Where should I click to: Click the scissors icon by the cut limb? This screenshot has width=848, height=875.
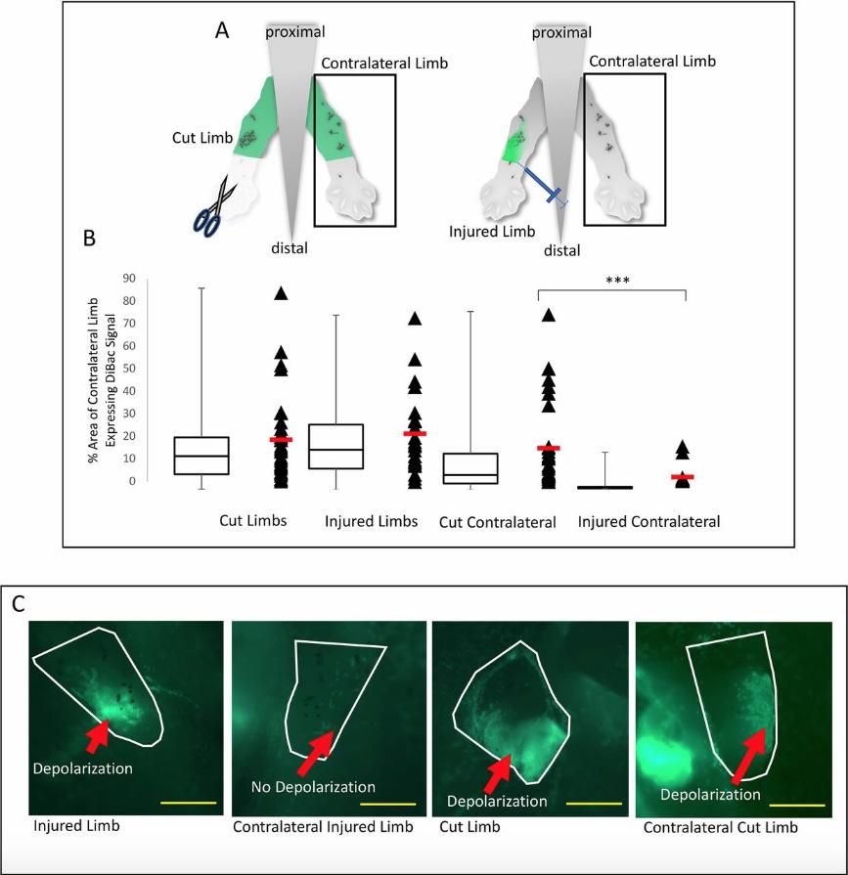pyautogui.click(x=216, y=203)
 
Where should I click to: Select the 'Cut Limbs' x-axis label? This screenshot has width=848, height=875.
pyautogui.click(x=252, y=520)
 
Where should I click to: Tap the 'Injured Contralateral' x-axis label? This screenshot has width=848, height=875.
pyautogui.click(x=648, y=522)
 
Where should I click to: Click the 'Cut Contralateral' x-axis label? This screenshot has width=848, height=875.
pyautogui.click(x=497, y=522)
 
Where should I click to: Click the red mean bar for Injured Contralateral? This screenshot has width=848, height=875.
pyautogui.click(x=682, y=477)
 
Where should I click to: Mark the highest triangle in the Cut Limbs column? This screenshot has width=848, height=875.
pyautogui.click(x=280, y=292)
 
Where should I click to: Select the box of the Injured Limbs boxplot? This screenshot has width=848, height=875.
pyautogui.click(x=336, y=446)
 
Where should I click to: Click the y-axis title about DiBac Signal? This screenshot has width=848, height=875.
pyautogui.click(x=106, y=381)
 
